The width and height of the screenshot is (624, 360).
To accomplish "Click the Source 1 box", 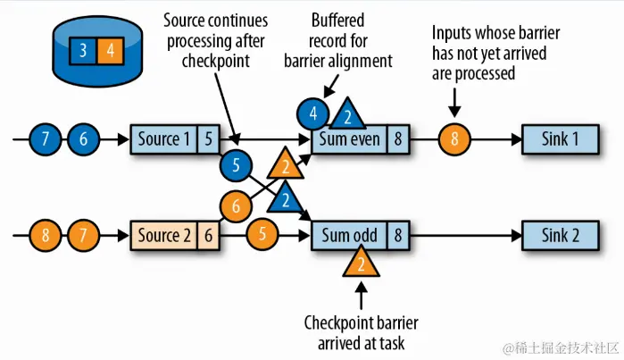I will coord(163,138).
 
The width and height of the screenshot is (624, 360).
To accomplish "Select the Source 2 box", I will coord(163,236).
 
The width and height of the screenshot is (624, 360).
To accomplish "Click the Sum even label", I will coord(348,138).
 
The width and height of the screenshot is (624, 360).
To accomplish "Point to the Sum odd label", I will coord(348,236).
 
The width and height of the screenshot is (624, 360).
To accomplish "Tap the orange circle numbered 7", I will coord(82,236).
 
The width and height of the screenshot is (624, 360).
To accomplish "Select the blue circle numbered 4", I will coord(312,114).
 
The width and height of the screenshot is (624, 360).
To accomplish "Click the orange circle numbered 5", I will coord(262,236).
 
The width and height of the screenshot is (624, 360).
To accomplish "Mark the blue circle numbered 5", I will coord(237,164).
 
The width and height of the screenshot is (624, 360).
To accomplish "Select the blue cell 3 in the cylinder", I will coord(83,49).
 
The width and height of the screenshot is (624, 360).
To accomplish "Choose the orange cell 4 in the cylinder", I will coord(110,49).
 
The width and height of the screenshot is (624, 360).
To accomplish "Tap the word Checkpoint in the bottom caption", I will coord(337,322).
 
